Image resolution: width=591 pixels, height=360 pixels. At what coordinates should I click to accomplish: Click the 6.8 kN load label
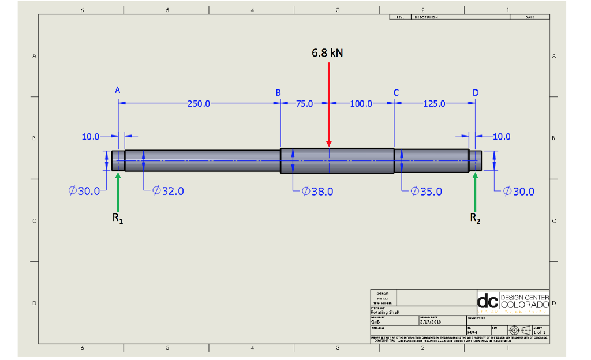click(x=327, y=52)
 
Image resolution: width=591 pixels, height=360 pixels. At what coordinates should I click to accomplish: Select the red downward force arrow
click(x=328, y=104)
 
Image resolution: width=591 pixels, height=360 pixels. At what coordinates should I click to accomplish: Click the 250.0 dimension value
click(x=199, y=104)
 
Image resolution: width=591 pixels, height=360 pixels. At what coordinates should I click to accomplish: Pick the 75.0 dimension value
click(x=304, y=104)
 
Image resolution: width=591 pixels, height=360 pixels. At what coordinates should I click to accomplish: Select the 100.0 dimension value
click(x=361, y=104)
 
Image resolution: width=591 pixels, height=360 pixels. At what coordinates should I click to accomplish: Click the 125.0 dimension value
click(x=434, y=104)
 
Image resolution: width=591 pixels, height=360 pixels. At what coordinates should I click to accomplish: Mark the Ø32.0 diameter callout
click(x=168, y=192)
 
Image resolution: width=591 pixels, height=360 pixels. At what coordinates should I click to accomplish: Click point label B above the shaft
click(x=278, y=92)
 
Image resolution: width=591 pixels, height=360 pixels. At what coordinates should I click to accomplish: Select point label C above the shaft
click(x=396, y=92)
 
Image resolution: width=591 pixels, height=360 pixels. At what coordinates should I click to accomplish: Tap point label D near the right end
click(x=476, y=92)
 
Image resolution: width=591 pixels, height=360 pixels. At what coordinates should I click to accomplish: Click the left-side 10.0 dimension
click(x=90, y=137)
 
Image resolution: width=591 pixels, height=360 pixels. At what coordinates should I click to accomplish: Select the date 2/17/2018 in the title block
click(x=431, y=322)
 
